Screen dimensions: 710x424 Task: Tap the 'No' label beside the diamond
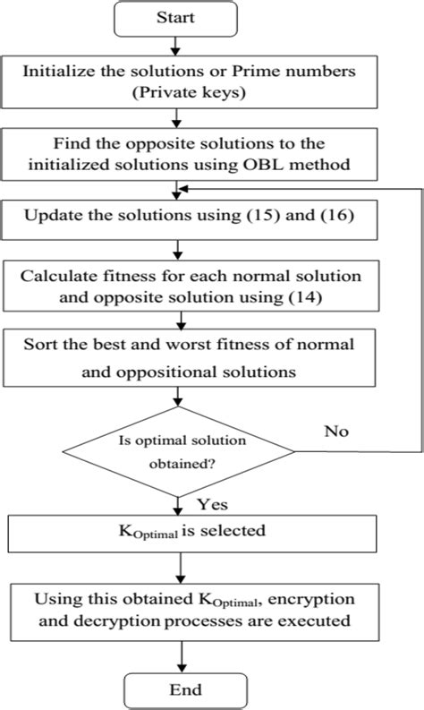[335, 431]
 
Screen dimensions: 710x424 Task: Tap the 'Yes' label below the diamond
[216, 504]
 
